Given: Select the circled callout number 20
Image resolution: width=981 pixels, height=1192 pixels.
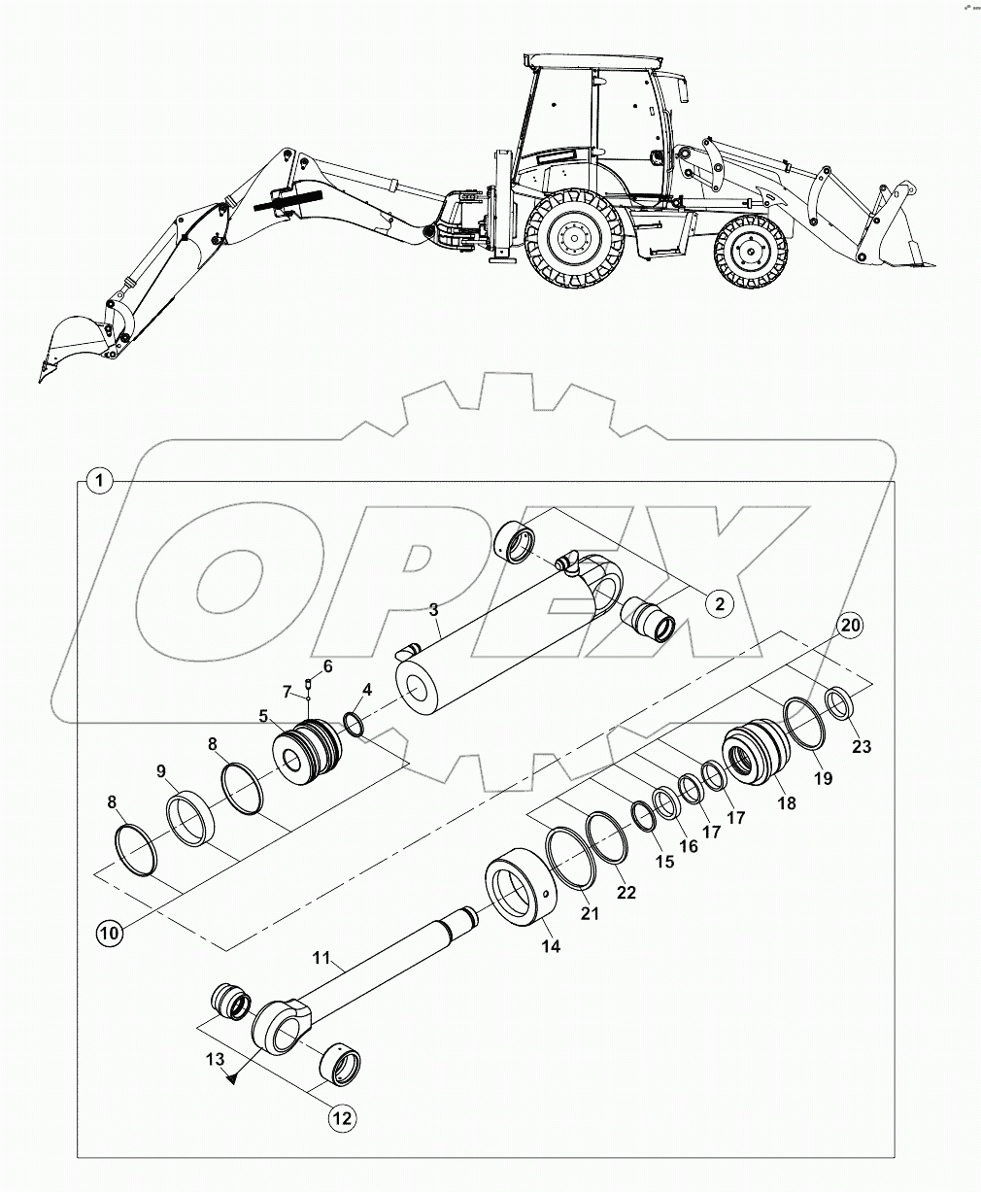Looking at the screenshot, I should tap(850, 627).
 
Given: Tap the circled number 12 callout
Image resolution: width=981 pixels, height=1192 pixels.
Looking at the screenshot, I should tap(342, 1118).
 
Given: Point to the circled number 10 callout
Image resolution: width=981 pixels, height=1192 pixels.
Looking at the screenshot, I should tap(110, 934).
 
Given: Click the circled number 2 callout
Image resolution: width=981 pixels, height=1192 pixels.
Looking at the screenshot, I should tap(719, 603).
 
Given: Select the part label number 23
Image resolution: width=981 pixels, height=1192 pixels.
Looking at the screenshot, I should tap(862, 746).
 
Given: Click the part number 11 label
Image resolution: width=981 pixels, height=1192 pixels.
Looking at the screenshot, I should tap(323, 958).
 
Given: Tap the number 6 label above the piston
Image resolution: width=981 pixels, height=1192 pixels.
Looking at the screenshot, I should tap(327, 665).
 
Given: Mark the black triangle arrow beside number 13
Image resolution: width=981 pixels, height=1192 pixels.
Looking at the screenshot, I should tap(231, 1077).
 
